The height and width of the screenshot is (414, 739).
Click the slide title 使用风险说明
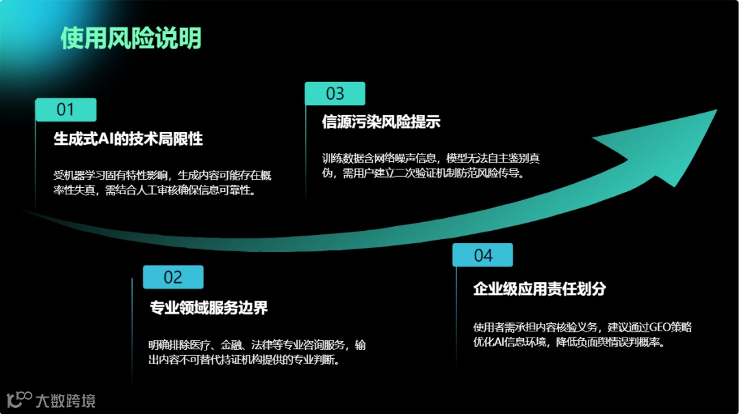[131, 38]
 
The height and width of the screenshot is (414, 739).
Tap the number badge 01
[65, 109]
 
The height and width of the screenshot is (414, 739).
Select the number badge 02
[173, 277]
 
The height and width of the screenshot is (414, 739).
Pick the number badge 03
[335, 94]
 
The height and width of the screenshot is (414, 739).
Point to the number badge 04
[482, 255]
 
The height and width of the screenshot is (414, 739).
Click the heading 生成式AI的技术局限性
[128, 139]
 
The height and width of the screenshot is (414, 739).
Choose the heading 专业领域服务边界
[208, 307]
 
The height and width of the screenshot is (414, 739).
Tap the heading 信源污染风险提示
[380, 122]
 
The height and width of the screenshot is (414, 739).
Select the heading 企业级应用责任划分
[539, 288]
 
